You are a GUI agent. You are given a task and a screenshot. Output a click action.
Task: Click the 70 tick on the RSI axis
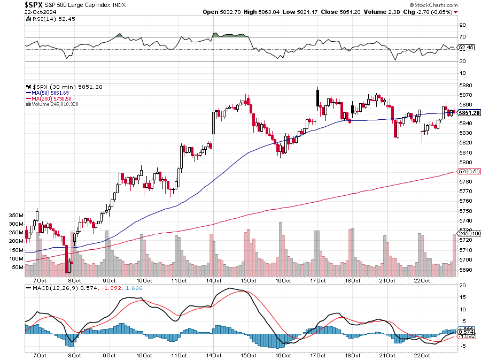[x=462, y=37]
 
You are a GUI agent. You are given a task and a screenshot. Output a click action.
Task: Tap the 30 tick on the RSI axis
[x=462, y=62]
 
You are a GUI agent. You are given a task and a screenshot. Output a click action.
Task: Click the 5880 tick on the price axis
[x=466, y=85]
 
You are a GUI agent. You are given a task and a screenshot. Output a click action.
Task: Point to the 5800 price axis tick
[x=466, y=162]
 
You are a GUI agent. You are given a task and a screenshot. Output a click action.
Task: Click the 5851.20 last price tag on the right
[x=469, y=113]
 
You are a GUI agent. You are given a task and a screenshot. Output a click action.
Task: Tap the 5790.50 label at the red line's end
[x=468, y=171]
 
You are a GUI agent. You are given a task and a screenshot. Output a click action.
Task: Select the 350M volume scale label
[x=16, y=215]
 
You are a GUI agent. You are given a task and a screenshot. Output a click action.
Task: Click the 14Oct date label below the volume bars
[x=216, y=280]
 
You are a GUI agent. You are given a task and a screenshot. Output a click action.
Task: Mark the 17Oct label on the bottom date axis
[x=318, y=280]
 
